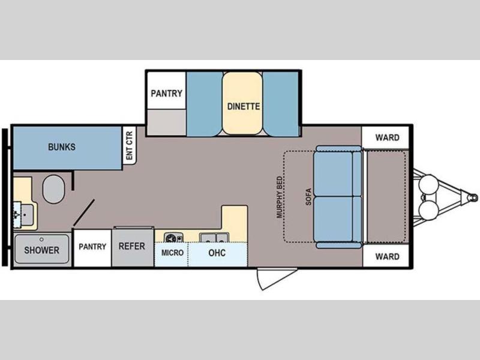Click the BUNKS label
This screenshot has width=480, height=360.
(62, 147)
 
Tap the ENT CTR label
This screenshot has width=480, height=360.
(130, 146)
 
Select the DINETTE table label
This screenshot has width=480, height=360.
(244, 106)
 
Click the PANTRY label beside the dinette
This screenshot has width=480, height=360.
(167, 93)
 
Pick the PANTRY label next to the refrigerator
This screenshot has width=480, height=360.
(92, 247)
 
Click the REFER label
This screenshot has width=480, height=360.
(131, 246)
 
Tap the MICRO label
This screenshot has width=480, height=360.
(172, 253)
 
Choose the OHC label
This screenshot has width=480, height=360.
(217, 253)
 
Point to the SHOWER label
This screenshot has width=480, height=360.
(41, 250)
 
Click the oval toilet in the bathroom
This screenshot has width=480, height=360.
(53, 189)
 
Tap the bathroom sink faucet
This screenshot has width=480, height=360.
(17, 215)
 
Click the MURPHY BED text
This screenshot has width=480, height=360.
(279, 197)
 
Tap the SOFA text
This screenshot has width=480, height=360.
(308, 197)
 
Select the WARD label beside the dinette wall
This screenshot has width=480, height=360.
(387, 137)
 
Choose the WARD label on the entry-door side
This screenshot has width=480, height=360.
(387, 256)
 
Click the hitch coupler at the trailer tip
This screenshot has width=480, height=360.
(473, 197)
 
